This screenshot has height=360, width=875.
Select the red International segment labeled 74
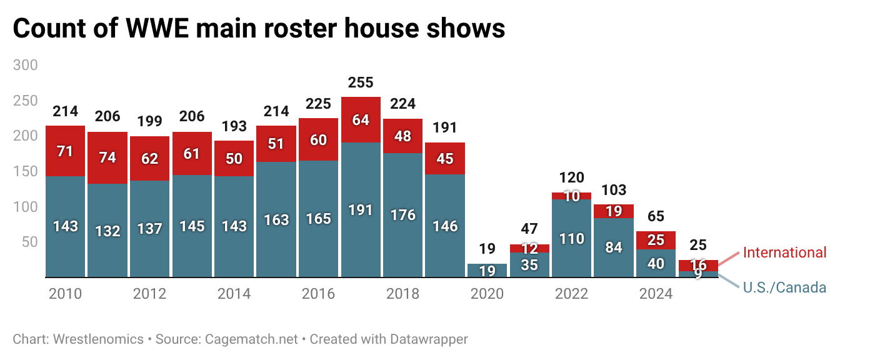tap(107, 157)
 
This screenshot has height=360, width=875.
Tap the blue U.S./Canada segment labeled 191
tap(361, 209)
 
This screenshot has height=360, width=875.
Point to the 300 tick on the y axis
tap(26, 65)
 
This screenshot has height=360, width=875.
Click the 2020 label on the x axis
tap(487, 294)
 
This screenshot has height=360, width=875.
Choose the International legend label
tap(784, 252)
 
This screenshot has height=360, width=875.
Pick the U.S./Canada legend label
tap(784, 287)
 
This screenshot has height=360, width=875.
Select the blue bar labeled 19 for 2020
tap(487, 271)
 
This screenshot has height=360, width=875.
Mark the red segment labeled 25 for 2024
tap(656, 240)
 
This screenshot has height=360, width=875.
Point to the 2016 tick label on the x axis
tap(318, 294)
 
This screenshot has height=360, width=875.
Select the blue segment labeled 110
tap(572, 238)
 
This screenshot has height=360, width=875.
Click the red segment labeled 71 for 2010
tap(65, 151)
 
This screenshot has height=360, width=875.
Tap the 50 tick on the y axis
tap(30, 242)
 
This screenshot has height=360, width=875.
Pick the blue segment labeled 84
tap(614, 247)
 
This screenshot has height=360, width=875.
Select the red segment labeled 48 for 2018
tap(402, 136)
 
